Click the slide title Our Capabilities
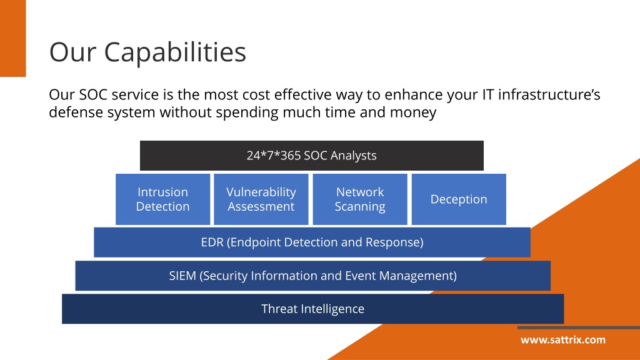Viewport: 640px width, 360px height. (x=147, y=52)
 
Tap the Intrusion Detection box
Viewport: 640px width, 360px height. (x=163, y=199)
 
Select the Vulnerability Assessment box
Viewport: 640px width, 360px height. (x=261, y=199)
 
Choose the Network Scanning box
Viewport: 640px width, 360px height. (x=360, y=199)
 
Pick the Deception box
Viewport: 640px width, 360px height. (x=459, y=199)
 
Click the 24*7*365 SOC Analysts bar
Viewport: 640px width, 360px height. (x=312, y=156)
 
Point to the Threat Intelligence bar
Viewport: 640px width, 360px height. (x=312, y=309)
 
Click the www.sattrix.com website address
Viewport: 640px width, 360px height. (x=563, y=340)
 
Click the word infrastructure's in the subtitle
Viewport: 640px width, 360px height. (x=549, y=95)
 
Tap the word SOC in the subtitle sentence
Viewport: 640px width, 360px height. (x=92, y=95)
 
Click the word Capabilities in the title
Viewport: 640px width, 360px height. (x=175, y=52)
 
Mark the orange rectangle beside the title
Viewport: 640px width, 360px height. (x=13, y=38)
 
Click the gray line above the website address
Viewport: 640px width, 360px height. (x=579, y=327)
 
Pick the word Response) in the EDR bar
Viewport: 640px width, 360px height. (x=394, y=242)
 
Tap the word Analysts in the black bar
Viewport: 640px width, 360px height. (x=354, y=156)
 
